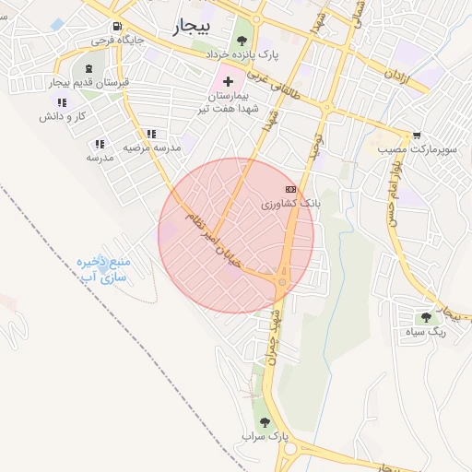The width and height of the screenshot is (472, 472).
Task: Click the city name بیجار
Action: pos(192,28)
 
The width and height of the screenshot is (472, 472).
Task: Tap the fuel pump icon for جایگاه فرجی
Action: pos(115,27)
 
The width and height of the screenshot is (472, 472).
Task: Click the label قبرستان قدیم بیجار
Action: pos(89,84)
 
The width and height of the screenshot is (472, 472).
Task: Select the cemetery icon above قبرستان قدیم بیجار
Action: pos(88,69)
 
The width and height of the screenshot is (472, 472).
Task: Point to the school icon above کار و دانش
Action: pos(62,102)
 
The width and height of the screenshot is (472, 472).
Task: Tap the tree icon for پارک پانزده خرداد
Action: pos(242,40)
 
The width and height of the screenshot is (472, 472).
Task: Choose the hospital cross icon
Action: pos(229,81)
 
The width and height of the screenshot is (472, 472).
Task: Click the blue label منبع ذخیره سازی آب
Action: pos(102,268)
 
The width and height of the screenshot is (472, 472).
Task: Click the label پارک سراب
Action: pos(266,434)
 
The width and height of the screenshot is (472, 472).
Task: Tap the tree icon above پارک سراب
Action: pos(265,420)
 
